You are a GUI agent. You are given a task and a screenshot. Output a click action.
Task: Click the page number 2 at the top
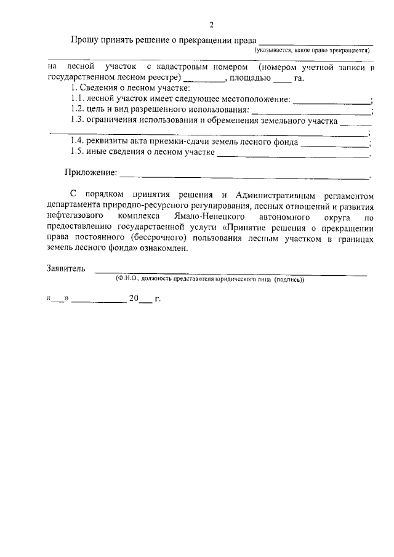pos(211,25)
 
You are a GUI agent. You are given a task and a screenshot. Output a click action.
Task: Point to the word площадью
pos(250,78)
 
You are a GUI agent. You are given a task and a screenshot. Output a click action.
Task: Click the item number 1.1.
pos(77,100)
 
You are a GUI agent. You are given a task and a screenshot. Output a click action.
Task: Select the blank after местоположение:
pos(331,100)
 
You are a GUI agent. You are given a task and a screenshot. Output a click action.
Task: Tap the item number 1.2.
pos(77,110)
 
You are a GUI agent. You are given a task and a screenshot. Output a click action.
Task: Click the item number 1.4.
pos(77,142)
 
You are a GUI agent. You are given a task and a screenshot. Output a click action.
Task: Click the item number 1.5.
pos(77,153)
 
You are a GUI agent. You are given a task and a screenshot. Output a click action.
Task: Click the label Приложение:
pos(90,175)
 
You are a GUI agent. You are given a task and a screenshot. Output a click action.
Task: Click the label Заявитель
pos(65,270)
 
